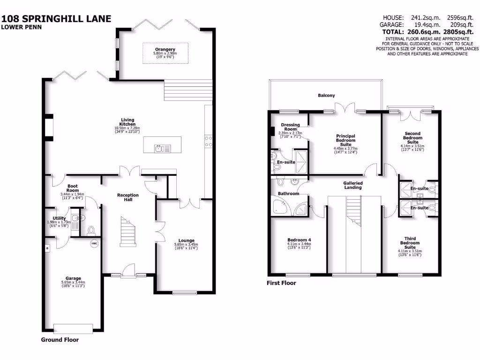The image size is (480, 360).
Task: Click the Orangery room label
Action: coord(165,49)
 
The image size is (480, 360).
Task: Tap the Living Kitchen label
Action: coord(127,121)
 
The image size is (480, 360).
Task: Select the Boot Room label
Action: coord(73,188)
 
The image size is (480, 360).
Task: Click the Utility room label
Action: coord(59,218)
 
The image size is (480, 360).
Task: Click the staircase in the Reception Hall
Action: coord(127,232)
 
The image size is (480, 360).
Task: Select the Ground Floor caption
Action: coord(60,340)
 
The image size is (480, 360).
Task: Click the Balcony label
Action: coord(326,96)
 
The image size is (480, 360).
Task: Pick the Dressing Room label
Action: coord(290,127)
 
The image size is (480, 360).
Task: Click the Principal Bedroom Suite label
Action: coord(345,140)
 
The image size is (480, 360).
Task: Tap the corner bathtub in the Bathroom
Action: coord(280,207)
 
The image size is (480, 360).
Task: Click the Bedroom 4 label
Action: coord(299,240)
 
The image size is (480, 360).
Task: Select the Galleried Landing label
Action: coord(352,185)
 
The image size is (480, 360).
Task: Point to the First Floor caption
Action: coord(281,283)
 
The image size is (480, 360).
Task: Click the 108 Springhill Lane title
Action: coord(56,19)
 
